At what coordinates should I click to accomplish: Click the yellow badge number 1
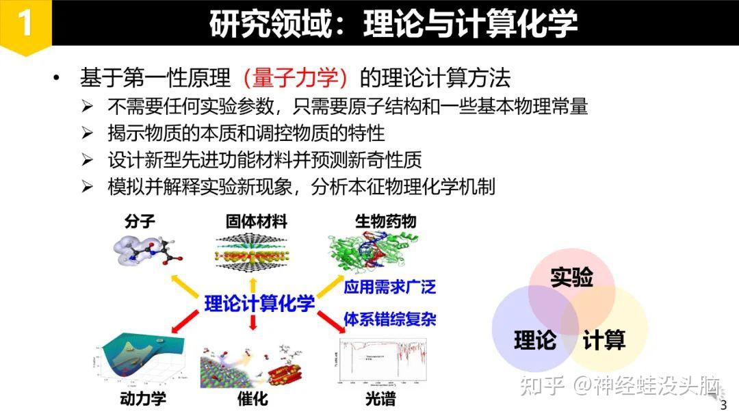tap(25, 23)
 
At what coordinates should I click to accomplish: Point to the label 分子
tap(140, 221)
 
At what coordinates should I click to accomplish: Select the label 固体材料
tap(257, 221)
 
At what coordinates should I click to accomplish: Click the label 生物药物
tap(385, 221)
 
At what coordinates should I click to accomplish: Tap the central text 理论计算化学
tap(259, 303)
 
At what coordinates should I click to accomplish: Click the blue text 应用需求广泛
tap(389, 286)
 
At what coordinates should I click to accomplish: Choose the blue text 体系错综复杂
tap(389, 319)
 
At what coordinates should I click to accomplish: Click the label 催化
tap(252, 399)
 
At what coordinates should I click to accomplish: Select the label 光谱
tap(380, 399)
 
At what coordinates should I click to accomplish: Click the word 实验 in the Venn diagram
tap(571, 277)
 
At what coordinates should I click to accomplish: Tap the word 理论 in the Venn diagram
tap(535, 340)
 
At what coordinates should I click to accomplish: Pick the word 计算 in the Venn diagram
tap(604, 340)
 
